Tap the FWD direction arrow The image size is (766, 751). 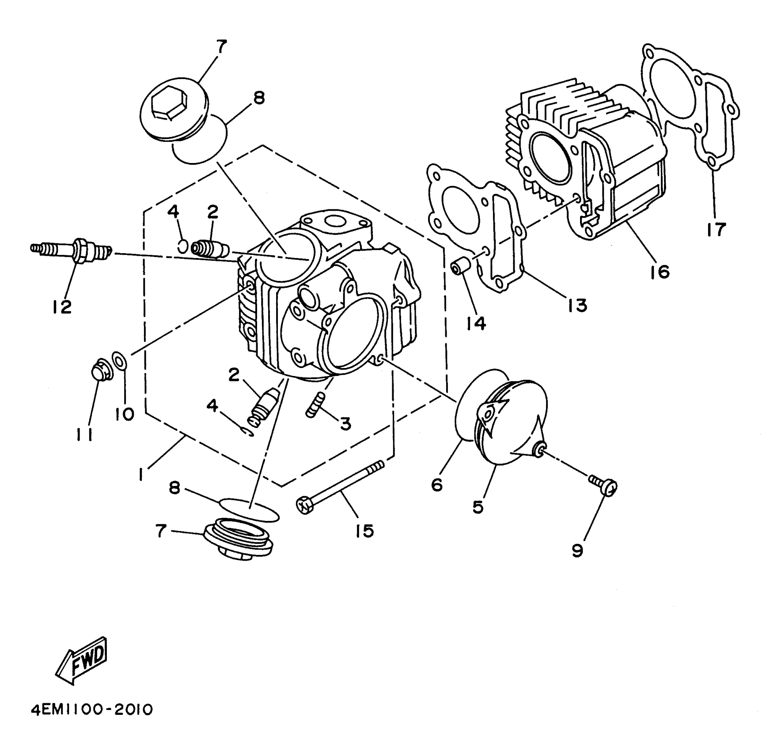82,660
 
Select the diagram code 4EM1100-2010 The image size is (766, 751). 91,710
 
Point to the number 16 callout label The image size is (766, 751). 660,271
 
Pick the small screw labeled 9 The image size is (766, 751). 603,485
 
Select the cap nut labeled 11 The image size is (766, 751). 101,370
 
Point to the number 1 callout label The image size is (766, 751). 141,474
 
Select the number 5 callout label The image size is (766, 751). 478,507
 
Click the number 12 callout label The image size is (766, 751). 62,307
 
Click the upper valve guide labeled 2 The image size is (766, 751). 209,248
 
